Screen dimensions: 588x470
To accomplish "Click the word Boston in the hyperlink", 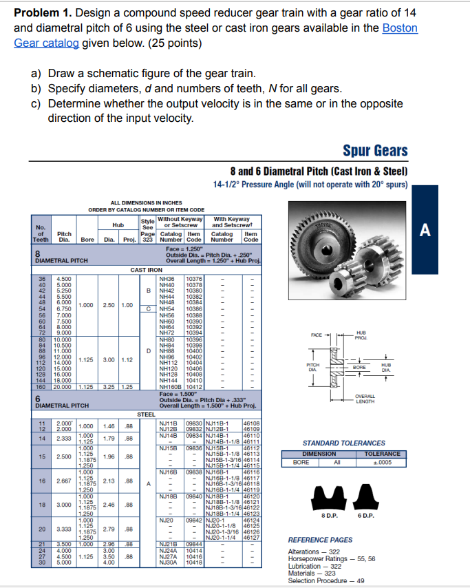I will click(400, 28).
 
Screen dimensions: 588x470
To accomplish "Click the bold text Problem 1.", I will click(44, 13).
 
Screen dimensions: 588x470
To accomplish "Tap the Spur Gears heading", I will click(374, 151).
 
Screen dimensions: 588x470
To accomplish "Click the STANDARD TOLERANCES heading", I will click(343, 443).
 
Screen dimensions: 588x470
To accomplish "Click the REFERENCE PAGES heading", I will click(320, 540).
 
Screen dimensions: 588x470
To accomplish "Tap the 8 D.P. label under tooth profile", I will click(330, 515).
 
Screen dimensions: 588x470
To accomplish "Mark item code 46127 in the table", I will click(252, 538).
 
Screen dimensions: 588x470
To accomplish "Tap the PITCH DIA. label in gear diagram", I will click(314, 365).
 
